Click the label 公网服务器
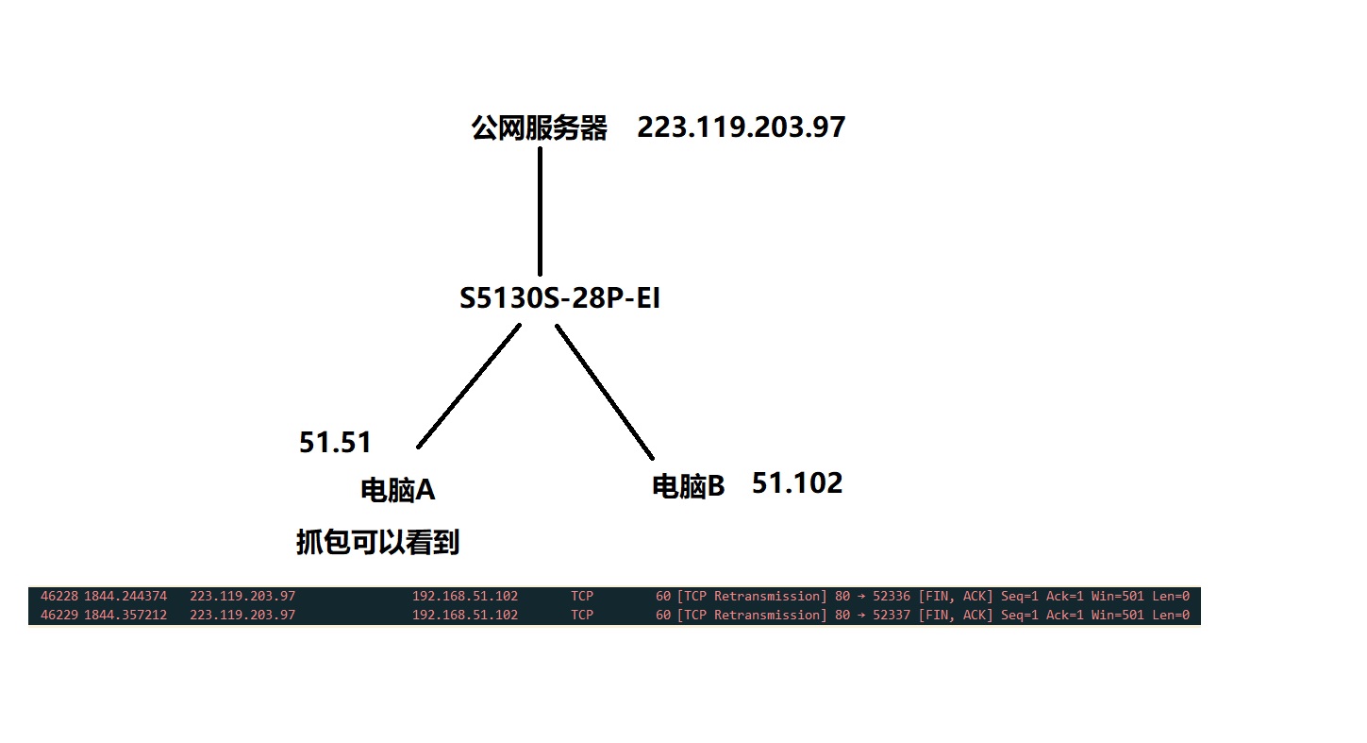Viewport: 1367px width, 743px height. [x=540, y=128]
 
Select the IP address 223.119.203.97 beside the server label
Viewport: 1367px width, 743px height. [x=741, y=127]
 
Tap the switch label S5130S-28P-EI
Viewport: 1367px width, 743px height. [x=559, y=299]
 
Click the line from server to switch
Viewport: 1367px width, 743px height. [x=540, y=210]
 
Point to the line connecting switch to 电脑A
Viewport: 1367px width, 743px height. [x=469, y=386]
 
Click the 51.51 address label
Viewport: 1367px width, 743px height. [x=335, y=442]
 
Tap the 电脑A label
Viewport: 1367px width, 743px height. [x=397, y=490]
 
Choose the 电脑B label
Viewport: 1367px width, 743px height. [x=689, y=486]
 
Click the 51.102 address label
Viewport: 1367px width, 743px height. [x=796, y=483]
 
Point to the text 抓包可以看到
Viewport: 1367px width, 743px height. [x=377, y=543]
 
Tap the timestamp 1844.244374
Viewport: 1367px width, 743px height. [x=125, y=596]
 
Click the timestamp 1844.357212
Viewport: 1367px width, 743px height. [x=125, y=615]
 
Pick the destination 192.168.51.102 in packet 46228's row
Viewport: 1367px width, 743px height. [x=465, y=596]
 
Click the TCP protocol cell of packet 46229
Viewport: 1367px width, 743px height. [x=582, y=615]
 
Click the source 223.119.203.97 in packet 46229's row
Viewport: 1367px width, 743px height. [x=242, y=615]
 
